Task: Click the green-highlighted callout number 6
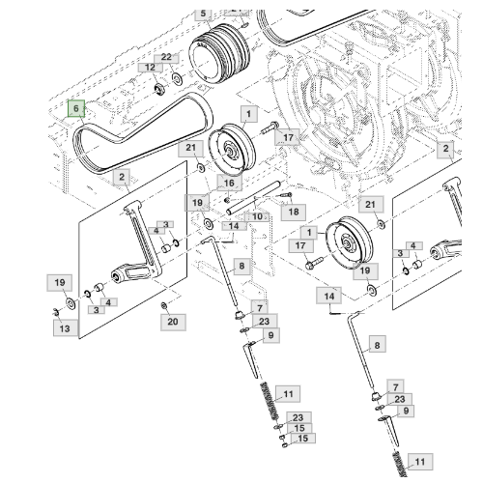pyautogui.click(x=74, y=110)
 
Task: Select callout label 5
pyautogui.click(x=203, y=14)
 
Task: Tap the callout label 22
pyautogui.click(x=166, y=58)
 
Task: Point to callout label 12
pyautogui.click(x=149, y=68)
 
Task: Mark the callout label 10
pyautogui.click(x=256, y=217)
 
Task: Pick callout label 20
pyautogui.click(x=172, y=322)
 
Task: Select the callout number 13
pyautogui.click(x=64, y=329)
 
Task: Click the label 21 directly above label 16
pyautogui.click(x=191, y=148)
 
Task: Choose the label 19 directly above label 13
pyautogui.click(x=59, y=282)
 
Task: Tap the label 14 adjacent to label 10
pyautogui.click(x=234, y=226)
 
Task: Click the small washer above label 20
pyautogui.click(x=163, y=305)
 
